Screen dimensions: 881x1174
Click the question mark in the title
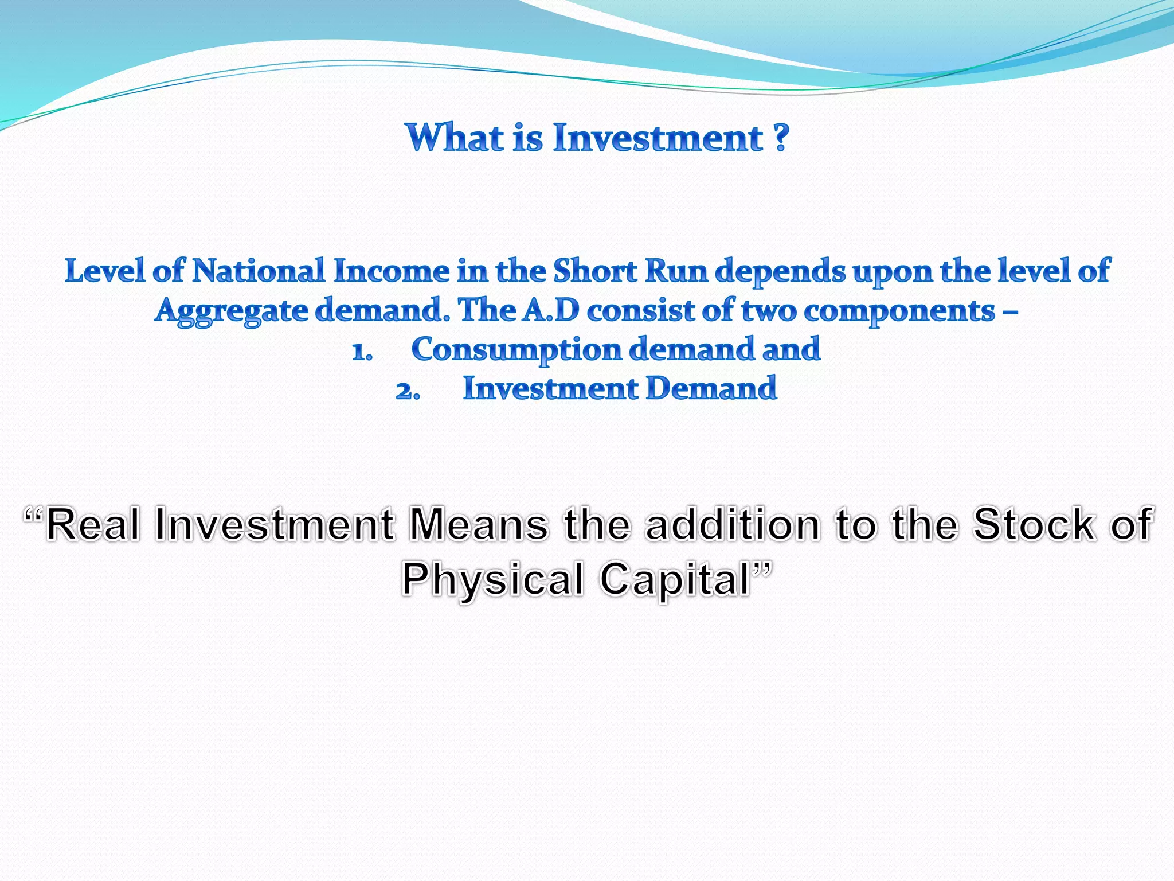(x=780, y=138)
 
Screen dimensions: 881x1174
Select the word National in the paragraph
(x=258, y=271)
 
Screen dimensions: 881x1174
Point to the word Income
(x=392, y=271)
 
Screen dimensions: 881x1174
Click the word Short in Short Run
(x=594, y=271)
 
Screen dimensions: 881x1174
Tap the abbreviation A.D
(x=550, y=310)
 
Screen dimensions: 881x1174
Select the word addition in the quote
(x=733, y=524)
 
